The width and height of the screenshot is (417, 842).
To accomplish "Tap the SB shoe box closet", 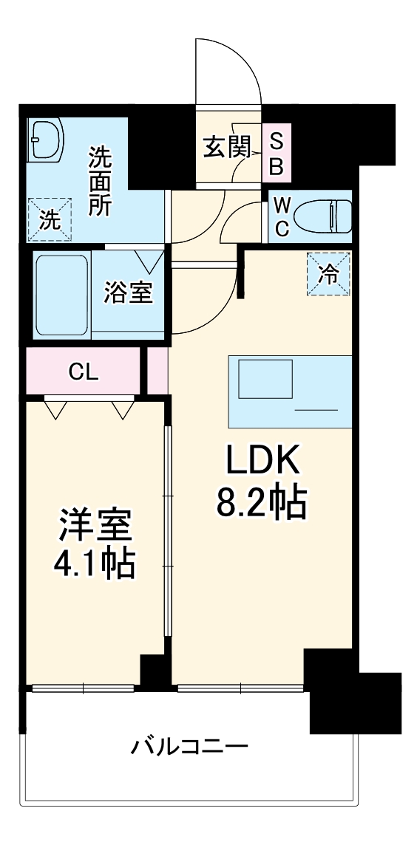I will (276, 153).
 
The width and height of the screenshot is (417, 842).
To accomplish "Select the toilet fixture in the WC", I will (322, 217).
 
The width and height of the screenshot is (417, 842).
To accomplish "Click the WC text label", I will (282, 216).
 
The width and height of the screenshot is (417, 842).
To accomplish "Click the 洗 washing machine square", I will (50, 219).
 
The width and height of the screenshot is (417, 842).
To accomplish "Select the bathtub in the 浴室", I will (62, 294).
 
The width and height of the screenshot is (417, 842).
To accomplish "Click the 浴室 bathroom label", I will (128, 293).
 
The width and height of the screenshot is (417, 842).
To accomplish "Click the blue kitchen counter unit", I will (289, 391).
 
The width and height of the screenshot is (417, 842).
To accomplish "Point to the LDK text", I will (261, 462).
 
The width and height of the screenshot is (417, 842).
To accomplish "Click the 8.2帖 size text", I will (261, 504).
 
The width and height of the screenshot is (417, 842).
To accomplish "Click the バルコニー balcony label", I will (190, 746).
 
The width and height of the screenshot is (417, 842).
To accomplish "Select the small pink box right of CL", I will (157, 372).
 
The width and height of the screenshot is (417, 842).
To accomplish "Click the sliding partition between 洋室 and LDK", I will (168, 532).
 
